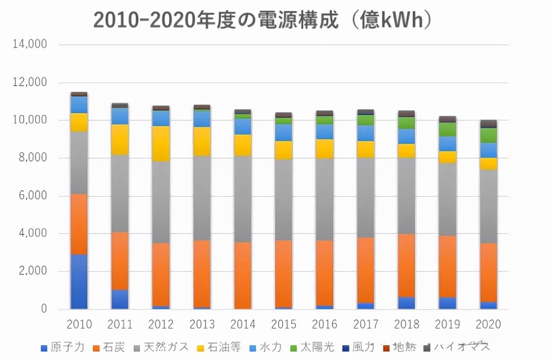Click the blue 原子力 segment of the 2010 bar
click(x=79, y=281)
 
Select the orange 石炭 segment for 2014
click(x=243, y=275)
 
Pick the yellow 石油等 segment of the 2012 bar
click(x=161, y=144)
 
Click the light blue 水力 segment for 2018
click(x=407, y=136)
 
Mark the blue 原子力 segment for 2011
click(x=120, y=299)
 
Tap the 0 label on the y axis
click(x=44, y=309)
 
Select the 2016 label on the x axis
click(x=324, y=324)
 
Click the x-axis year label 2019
click(x=447, y=324)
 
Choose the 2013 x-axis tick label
click(x=202, y=324)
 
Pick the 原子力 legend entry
click(x=62, y=347)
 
